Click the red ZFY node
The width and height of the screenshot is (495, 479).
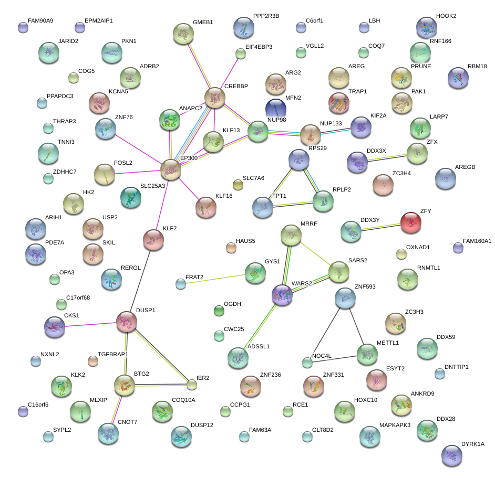coord(411,223)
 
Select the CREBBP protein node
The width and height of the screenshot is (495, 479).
coord(214,98)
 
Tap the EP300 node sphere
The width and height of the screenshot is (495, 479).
coord(170,170)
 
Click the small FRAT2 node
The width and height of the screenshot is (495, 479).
coord(181,284)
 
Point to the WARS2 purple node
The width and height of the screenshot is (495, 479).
coord(282,295)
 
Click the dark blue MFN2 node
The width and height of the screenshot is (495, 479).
coord(276,109)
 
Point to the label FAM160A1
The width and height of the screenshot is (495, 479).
coord(477,241)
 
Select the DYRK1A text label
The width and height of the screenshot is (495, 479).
coord(472,444)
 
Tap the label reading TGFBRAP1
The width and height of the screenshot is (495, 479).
coord(113,355)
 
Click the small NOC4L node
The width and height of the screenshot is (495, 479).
coord(307,363)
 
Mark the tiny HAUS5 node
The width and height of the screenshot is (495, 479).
coord(231,248)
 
